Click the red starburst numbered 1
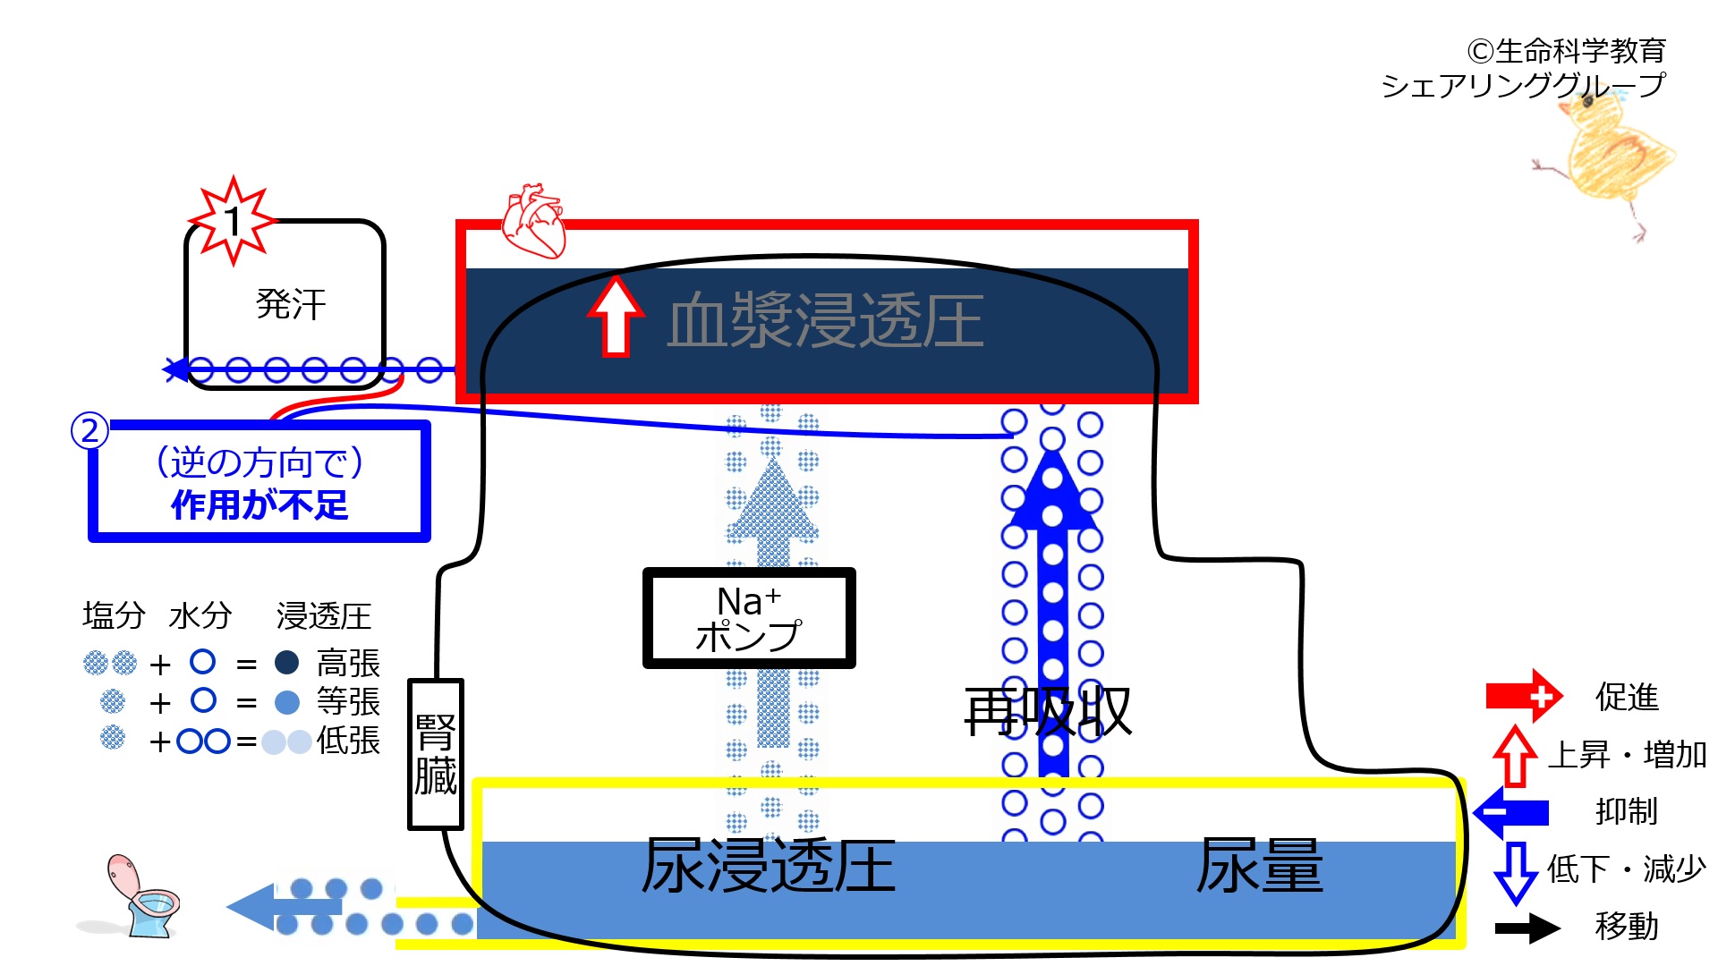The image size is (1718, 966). [x=233, y=221]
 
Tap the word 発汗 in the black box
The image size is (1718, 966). [x=291, y=304]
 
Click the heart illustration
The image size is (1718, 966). [x=533, y=221]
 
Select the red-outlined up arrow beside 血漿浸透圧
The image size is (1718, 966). [x=616, y=316]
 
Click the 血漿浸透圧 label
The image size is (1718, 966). [x=825, y=320]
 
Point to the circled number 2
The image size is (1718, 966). [x=89, y=431]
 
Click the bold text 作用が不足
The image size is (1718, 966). [x=259, y=505]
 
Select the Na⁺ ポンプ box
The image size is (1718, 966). [x=749, y=618]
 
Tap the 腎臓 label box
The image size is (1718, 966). [x=436, y=754]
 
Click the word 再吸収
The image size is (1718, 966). [x=1048, y=712]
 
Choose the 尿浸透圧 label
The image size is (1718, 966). [x=769, y=866]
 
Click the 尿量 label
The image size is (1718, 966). [x=1259, y=866]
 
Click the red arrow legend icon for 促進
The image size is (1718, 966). [x=1524, y=696]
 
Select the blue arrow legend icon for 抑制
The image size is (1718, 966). [x=1511, y=812]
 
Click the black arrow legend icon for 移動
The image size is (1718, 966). [x=1527, y=928]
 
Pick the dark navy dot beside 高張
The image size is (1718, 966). [x=286, y=663]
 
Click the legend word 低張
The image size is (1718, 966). [x=348, y=741]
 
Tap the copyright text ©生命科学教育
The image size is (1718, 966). [x=1566, y=51]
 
